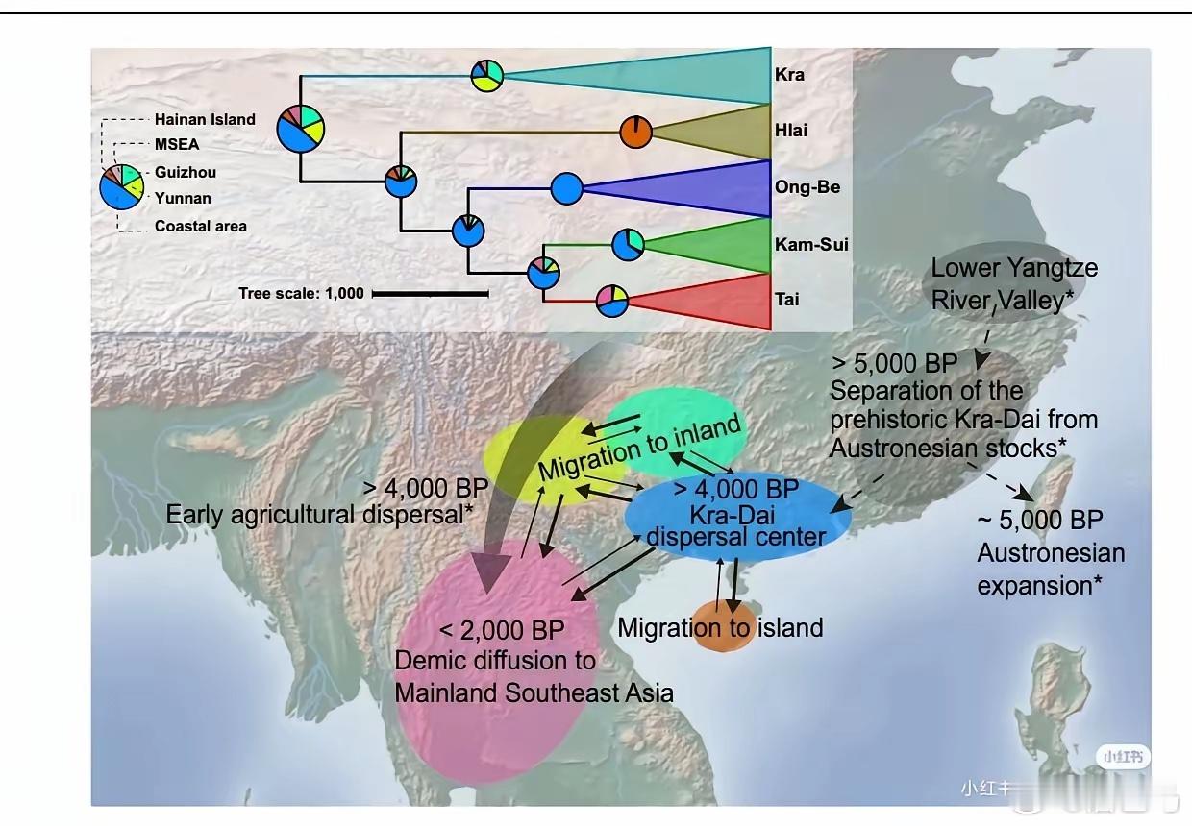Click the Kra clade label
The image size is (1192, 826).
pyautogui.click(x=789, y=75)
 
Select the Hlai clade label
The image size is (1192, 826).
pyautogui.click(x=791, y=131)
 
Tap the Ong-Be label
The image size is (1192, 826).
pyautogui.click(x=807, y=186)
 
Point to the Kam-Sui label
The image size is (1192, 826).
pyautogui.click(x=811, y=244)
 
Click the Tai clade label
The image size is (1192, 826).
pyautogui.click(x=786, y=300)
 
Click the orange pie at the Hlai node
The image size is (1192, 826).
pyautogui.click(x=635, y=132)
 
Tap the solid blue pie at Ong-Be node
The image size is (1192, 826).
pyautogui.click(x=567, y=188)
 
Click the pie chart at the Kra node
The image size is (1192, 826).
pyautogui.click(x=487, y=75)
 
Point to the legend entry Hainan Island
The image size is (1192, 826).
pyautogui.click(x=205, y=120)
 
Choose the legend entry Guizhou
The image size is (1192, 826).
pyautogui.click(x=186, y=173)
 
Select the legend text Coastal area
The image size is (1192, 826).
pyautogui.click(x=201, y=227)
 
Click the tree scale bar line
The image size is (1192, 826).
pyautogui.click(x=431, y=293)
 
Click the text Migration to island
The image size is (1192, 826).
pyautogui.click(x=720, y=628)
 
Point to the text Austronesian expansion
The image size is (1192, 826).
pyautogui.click(x=1050, y=569)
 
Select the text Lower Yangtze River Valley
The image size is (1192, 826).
pyautogui.click(x=1013, y=283)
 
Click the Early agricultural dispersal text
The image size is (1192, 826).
pyautogui.click(x=319, y=514)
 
